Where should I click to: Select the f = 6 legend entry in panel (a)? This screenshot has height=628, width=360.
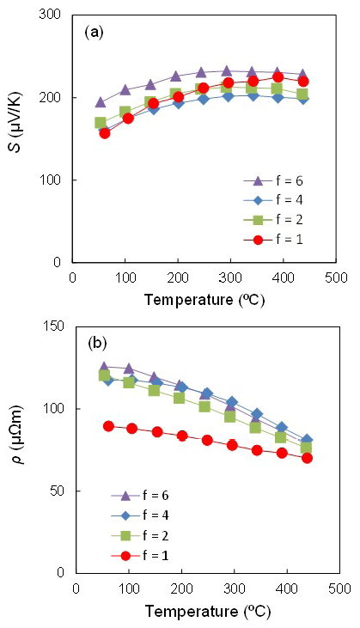point(278,180)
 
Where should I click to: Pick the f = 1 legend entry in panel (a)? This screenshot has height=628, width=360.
point(278,242)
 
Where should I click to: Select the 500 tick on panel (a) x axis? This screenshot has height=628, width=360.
point(337,278)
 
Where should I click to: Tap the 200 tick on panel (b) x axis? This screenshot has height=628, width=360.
point(181,589)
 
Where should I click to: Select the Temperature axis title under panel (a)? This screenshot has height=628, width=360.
point(205,301)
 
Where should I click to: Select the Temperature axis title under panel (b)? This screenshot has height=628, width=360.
point(205,612)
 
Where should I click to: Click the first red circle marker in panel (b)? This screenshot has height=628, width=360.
point(108,426)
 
